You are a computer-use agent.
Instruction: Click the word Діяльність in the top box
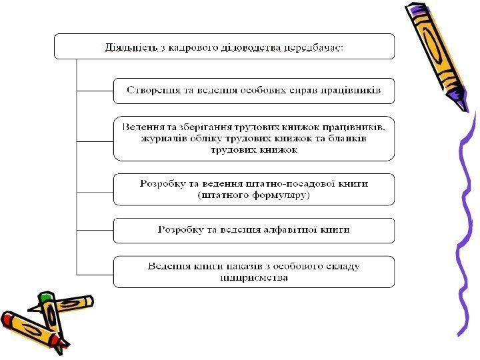click(129, 47)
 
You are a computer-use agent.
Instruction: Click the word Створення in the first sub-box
click(151, 91)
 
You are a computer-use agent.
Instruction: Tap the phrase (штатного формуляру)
click(254, 195)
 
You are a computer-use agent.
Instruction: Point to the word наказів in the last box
click(252, 266)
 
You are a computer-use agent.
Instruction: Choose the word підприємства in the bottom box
click(254, 277)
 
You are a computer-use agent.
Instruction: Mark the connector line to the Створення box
click(95, 90)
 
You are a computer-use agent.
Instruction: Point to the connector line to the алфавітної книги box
click(95, 231)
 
